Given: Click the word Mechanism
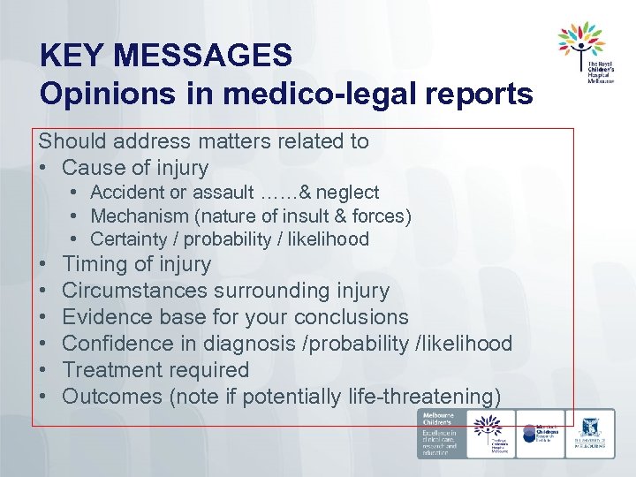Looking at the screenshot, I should (135, 216).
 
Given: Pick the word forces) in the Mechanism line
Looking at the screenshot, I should (382, 216).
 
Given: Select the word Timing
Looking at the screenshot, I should (93, 264).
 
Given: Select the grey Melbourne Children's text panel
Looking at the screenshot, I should (440, 433).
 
